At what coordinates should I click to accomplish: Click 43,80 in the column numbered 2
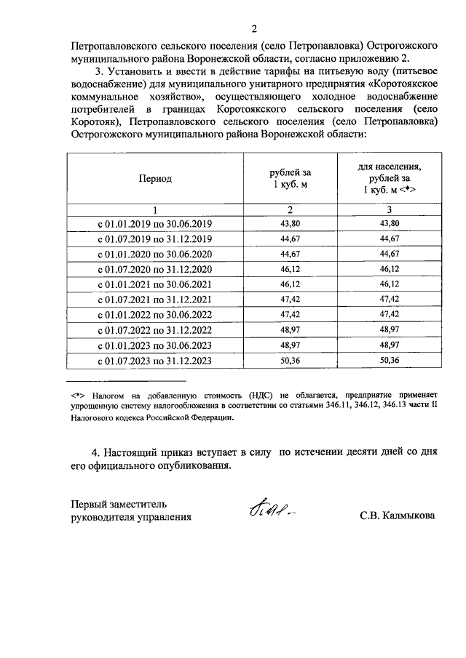click(291, 224)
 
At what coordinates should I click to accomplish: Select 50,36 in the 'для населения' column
click(390, 361)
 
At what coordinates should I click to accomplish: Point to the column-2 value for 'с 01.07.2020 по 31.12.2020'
click(291, 270)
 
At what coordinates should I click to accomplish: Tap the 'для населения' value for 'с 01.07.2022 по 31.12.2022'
click(390, 330)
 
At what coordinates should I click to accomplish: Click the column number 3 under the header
click(390, 209)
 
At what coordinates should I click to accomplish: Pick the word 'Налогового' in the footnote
click(95, 418)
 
